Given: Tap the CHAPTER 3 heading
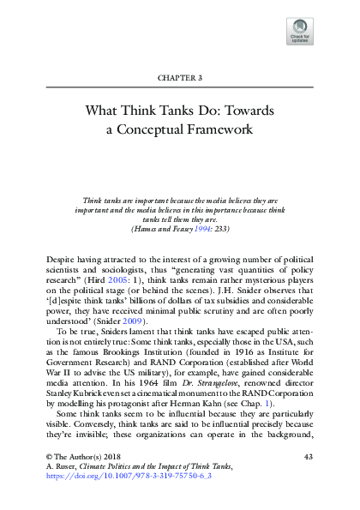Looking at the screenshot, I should pyautogui.click(x=180, y=78).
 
